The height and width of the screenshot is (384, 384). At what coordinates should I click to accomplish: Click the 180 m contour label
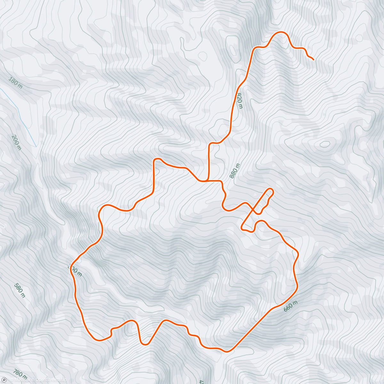(x=16, y=82)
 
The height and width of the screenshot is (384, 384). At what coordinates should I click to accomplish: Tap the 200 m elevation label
(x=16, y=142)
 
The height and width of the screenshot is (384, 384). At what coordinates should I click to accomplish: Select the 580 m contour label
(x=20, y=291)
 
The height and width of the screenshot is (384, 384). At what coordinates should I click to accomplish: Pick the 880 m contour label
(x=235, y=171)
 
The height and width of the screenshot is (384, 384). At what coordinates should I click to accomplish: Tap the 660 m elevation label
(x=291, y=306)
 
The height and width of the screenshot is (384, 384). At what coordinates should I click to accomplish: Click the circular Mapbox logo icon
(x=4, y=380)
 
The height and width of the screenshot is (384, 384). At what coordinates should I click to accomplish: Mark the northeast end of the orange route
(x=313, y=60)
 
